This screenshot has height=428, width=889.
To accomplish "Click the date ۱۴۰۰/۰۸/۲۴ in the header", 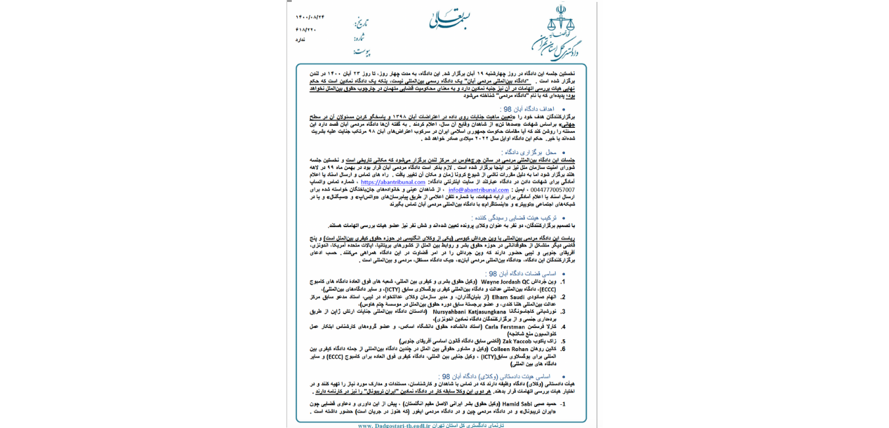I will coord(310,17).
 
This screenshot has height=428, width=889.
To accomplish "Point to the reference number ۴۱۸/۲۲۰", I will coord(306,29).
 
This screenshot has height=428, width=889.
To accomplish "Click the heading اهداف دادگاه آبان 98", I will coord(527,109).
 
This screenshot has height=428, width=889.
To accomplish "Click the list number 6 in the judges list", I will coord(563,349).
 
